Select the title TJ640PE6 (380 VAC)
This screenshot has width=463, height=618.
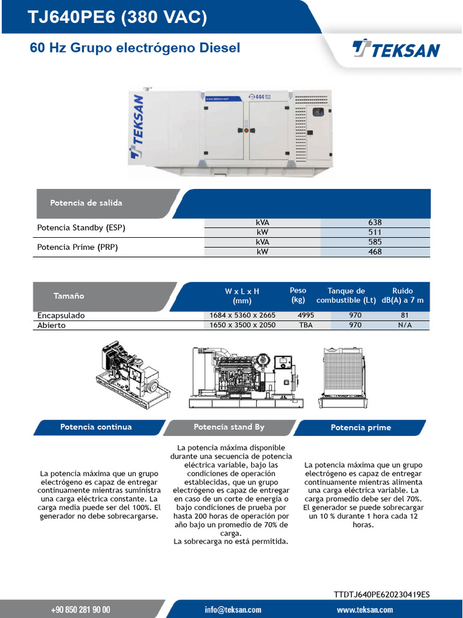118,18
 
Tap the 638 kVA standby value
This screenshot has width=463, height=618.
375,223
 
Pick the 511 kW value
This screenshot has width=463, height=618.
375,232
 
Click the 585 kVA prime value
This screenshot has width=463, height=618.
375,242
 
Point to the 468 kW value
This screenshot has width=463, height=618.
375,252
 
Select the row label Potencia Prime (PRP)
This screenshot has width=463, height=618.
77,247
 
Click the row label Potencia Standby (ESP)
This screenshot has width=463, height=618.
81,228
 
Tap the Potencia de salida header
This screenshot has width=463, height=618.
86,203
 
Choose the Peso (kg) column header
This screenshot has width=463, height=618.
298,295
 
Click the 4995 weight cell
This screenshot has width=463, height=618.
306,316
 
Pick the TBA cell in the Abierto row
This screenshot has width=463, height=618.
306,325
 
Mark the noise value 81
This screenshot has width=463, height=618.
405,316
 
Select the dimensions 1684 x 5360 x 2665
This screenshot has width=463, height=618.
242,316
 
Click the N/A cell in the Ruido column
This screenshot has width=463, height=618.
405,325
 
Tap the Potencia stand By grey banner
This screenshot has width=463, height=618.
229,427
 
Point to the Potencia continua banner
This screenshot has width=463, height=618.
96,427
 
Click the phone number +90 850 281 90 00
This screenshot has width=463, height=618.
80,610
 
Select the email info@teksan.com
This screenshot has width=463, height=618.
233,610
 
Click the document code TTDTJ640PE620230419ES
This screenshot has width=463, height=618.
382,594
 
